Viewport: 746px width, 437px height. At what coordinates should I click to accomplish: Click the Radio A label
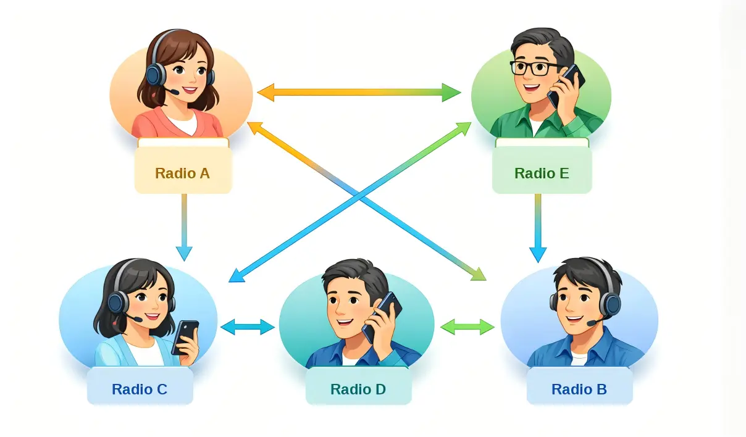(x=182, y=173)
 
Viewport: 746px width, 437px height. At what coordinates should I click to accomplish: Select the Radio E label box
(x=542, y=173)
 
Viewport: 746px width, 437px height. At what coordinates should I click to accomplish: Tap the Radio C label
(x=140, y=389)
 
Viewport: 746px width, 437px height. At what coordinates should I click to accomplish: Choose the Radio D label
(x=358, y=389)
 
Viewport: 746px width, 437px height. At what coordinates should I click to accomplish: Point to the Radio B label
(x=579, y=389)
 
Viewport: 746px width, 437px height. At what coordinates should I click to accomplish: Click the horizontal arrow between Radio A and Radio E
(x=359, y=93)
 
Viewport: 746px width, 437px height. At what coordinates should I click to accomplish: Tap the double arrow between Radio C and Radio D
(x=248, y=327)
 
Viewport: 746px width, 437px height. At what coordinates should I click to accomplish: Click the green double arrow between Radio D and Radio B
(x=467, y=327)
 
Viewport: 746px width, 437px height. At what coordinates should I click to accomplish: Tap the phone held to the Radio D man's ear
(x=383, y=314)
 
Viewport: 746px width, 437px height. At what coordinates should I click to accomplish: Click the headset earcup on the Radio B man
(x=610, y=304)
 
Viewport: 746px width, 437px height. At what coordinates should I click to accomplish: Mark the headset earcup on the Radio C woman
(x=117, y=302)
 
